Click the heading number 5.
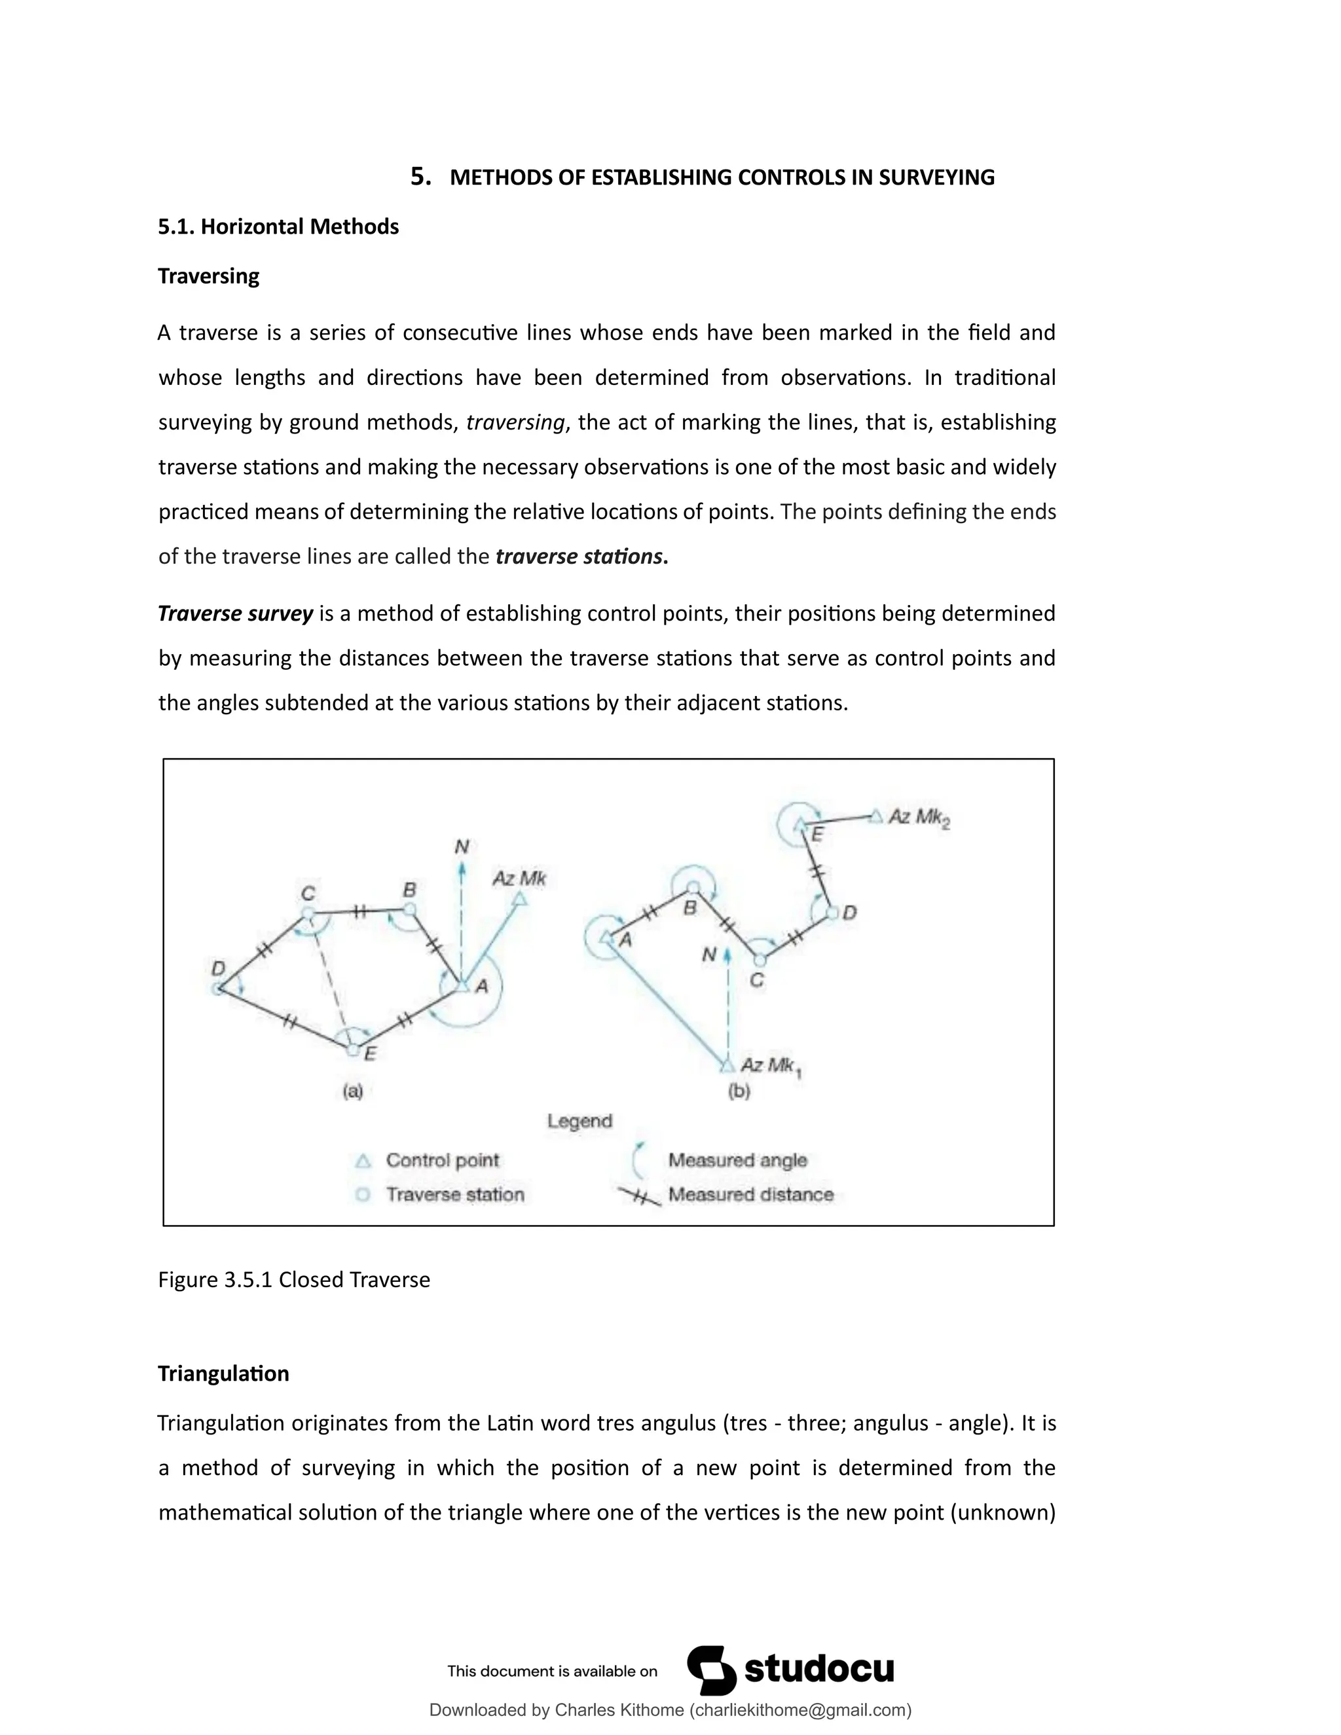tap(420, 176)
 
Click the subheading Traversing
tap(208, 276)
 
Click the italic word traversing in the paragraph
tap(515, 422)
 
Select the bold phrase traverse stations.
tap(579, 556)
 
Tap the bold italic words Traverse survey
tap(235, 613)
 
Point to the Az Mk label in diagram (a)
tap(519, 879)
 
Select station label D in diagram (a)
tap(219, 968)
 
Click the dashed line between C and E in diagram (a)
tap(328, 983)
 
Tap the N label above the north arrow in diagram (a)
tap(462, 847)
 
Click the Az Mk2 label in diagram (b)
tap(919, 818)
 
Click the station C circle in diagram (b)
tap(760, 960)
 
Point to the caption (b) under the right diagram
tap(739, 1091)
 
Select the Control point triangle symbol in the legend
tap(363, 1161)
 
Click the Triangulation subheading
tap(223, 1374)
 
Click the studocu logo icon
tap(711, 1670)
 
